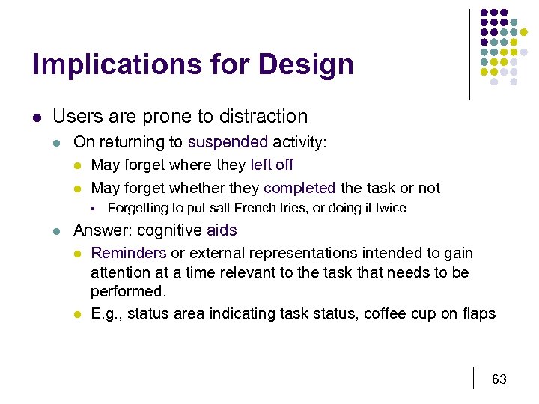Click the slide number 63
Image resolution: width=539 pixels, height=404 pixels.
click(x=499, y=379)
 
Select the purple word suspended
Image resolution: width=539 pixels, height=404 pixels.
click(x=228, y=142)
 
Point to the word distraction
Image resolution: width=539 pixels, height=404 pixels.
click(x=263, y=117)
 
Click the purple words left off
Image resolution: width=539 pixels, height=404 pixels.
click(x=272, y=165)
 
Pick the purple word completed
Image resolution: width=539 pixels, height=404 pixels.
click(x=299, y=188)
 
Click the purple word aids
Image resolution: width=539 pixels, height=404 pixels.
click(x=222, y=231)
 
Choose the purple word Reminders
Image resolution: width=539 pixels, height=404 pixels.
click(x=128, y=254)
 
